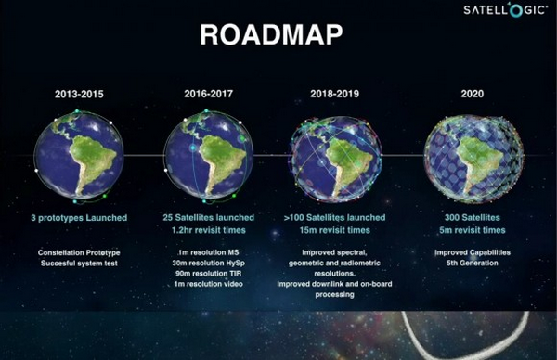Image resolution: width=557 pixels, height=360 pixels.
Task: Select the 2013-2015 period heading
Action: click(79, 94)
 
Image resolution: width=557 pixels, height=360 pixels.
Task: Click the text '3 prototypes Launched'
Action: click(79, 217)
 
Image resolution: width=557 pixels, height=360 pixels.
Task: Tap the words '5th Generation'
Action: click(470, 263)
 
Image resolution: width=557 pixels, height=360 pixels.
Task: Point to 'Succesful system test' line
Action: click(79, 263)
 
